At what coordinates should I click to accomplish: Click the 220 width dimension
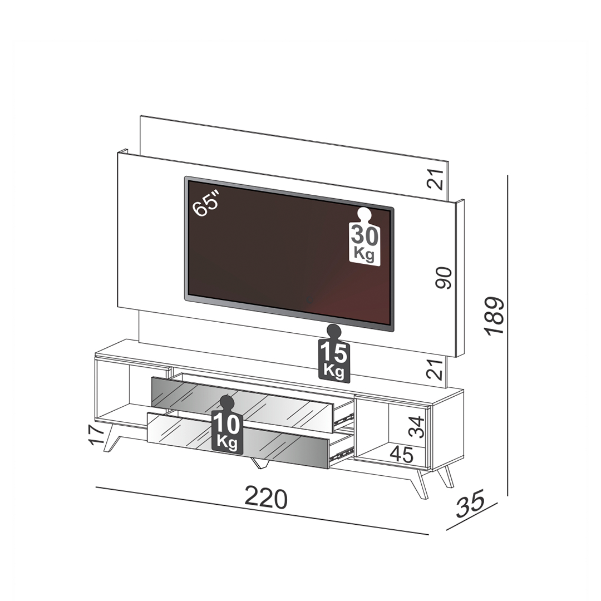(x=265, y=498)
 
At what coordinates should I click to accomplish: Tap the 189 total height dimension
(x=495, y=316)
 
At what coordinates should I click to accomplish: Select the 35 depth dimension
(x=470, y=503)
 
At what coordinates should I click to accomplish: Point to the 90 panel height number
(x=444, y=278)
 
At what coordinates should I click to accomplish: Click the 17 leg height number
(x=96, y=434)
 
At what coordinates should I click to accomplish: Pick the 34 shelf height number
(x=416, y=427)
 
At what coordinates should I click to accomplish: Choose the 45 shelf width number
(x=402, y=455)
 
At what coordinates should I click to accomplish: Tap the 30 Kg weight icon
(x=364, y=236)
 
